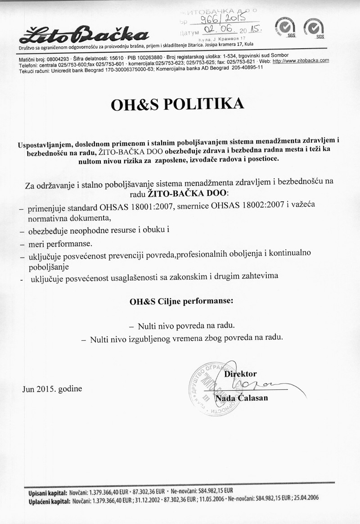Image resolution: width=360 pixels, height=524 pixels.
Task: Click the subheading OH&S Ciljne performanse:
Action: click(181, 302)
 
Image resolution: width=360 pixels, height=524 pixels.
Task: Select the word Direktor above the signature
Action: click(240, 374)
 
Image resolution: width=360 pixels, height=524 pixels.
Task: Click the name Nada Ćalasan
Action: click(242, 398)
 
